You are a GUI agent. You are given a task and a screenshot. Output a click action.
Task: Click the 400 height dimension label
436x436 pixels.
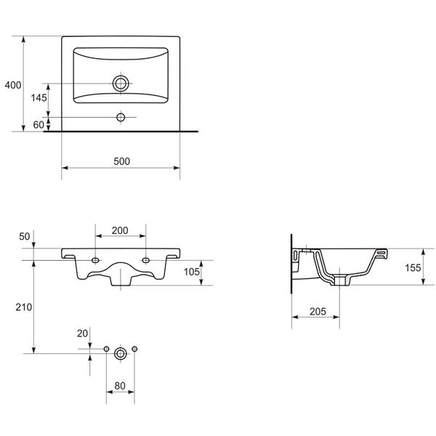tap(12, 85)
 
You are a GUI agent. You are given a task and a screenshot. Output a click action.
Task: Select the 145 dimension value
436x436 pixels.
tap(38, 97)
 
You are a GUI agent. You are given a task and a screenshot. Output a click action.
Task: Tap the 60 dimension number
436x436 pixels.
tap(39, 125)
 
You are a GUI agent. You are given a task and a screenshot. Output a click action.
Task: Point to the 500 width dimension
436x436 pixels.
tap(121, 161)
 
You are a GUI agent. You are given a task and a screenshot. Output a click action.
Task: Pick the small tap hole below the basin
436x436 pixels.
tap(121, 116)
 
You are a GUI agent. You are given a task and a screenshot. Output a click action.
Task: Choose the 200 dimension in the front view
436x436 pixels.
tap(121, 230)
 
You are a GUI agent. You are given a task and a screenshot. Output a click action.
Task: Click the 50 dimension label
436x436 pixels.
tap(24, 237)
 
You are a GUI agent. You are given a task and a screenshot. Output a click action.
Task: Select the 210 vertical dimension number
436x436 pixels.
tap(23, 307)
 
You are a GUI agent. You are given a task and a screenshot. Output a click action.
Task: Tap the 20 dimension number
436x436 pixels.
tap(82, 333)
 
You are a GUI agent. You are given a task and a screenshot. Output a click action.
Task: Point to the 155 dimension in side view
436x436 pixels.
tap(412, 268)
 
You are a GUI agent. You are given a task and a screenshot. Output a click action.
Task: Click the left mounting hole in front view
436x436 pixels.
tap(96, 259)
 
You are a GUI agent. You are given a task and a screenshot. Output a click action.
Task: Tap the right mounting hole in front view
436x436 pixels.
tap(146, 259)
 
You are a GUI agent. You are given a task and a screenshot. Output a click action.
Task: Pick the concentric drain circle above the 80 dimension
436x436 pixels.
tap(121, 352)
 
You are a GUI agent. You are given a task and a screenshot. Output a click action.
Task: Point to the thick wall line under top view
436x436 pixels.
tap(121, 132)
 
